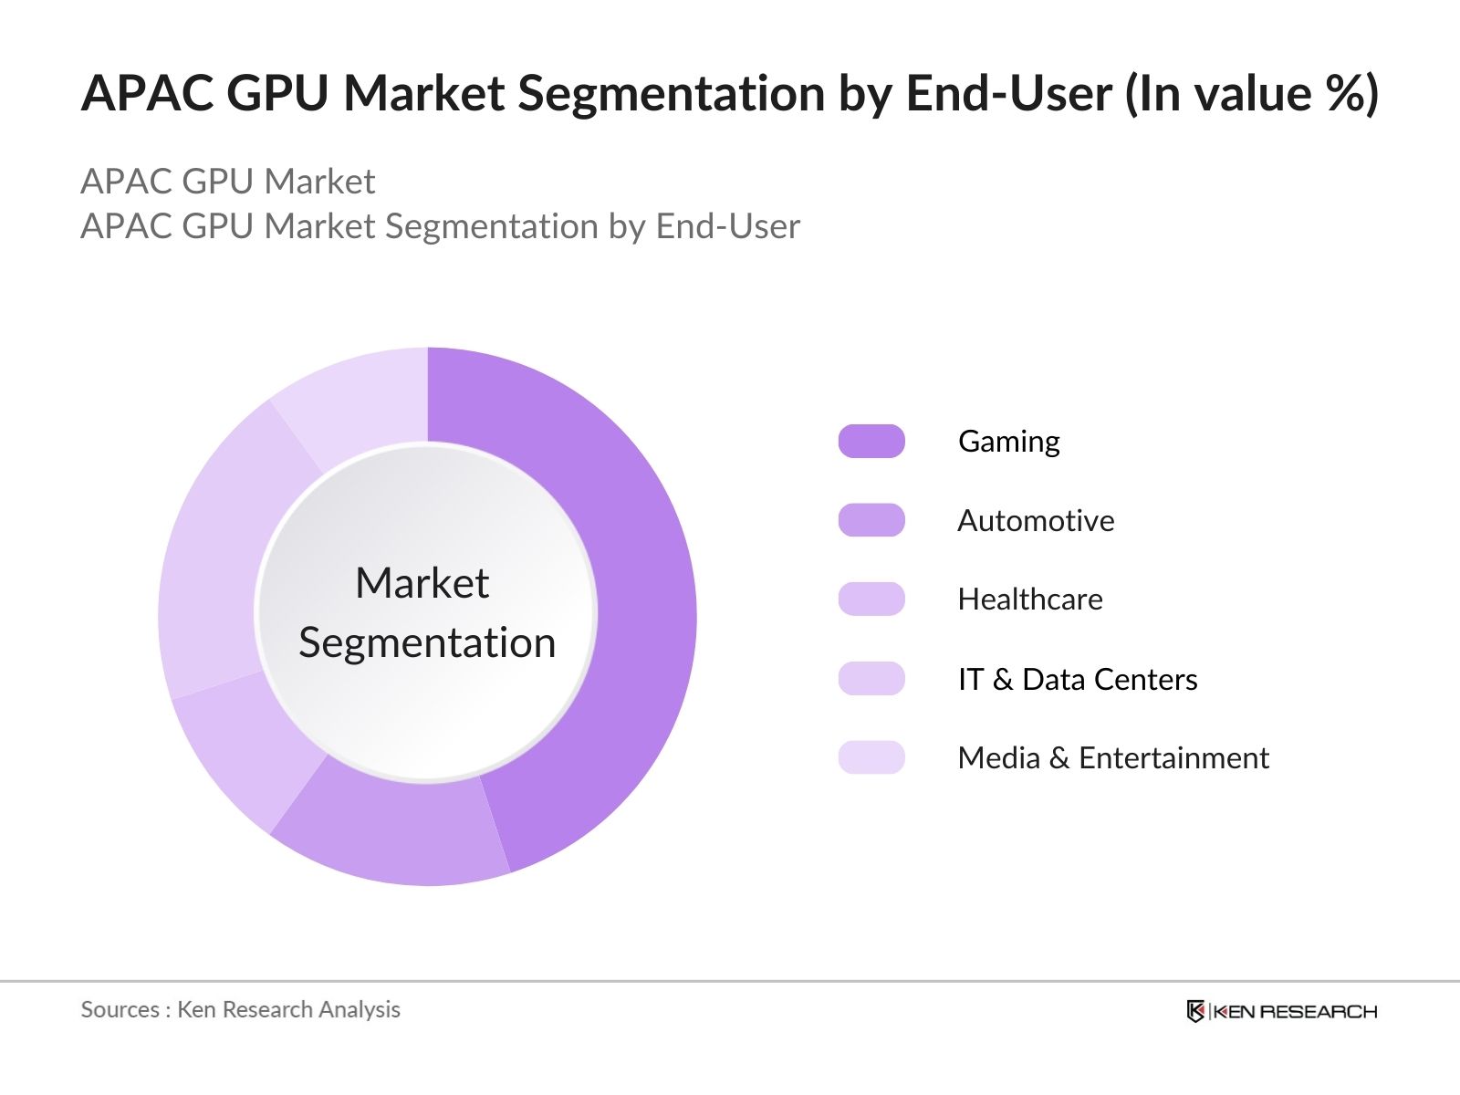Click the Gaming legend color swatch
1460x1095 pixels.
pyautogui.click(x=871, y=442)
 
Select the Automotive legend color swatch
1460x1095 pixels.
pyautogui.click(x=871, y=520)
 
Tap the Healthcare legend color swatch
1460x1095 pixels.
pyautogui.click(x=871, y=600)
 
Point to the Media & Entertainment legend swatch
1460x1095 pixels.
pyautogui.click(x=871, y=757)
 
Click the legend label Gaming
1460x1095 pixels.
pyautogui.click(x=1008, y=442)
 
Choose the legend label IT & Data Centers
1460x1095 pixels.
pyautogui.click(x=1077, y=679)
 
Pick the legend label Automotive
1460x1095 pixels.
pyautogui.click(x=1036, y=520)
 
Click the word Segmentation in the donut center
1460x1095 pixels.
pyautogui.click(x=427, y=642)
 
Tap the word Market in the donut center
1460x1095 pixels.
pyautogui.click(x=422, y=583)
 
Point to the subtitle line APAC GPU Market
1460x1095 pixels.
pyautogui.click(x=228, y=182)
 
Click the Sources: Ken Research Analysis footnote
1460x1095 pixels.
pyautogui.click(x=240, y=1009)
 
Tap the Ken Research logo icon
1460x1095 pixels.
pyautogui.click(x=1195, y=1011)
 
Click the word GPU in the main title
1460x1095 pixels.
pyautogui.click(x=277, y=93)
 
